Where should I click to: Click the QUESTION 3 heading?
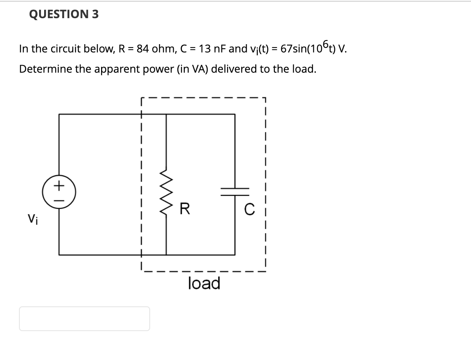click(x=64, y=14)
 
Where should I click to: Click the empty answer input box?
click(x=84, y=318)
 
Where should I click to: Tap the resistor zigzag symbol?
click(x=166, y=190)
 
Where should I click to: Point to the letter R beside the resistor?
click(x=185, y=210)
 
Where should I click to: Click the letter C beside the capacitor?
click(x=248, y=210)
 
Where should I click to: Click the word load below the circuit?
click(x=204, y=284)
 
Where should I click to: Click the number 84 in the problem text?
click(x=143, y=49)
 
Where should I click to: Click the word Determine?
click(x=45, y=69)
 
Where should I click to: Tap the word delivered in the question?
click(x=234, y=69)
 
